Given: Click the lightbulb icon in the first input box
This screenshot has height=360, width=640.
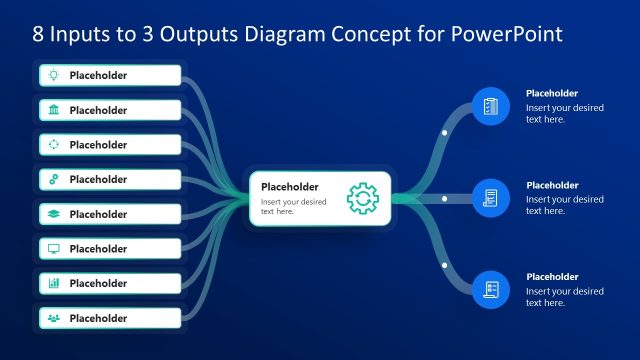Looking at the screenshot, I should (54, 75).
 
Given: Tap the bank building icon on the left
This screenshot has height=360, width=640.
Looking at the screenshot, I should (54, 110).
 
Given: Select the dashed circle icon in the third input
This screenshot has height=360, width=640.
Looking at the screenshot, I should (54, 144).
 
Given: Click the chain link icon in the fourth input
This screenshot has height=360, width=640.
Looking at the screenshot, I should (54, 179).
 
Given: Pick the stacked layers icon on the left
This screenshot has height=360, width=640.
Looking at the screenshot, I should (54, 214).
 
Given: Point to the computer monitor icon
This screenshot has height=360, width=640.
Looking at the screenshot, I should (54, 248).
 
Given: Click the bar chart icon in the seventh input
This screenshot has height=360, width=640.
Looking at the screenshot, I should (54, 283).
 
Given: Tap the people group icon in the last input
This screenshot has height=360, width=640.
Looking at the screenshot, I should (54, 318).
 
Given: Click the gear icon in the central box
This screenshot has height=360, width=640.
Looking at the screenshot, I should (362, 197).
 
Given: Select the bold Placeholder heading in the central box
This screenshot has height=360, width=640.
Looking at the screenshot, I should (289, 186).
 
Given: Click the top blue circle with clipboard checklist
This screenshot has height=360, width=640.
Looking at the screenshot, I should (490, 105).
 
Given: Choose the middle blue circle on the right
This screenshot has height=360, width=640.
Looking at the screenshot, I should (490, 197).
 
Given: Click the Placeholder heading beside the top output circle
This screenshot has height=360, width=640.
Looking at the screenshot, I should (552, 93).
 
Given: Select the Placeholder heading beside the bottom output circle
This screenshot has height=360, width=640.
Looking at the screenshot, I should (552, 277).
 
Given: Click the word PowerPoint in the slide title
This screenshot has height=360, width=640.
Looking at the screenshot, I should (505, 34).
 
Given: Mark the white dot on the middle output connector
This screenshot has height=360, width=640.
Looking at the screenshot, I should (444, 197).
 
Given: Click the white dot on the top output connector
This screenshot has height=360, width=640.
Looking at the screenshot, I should (444, 132).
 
